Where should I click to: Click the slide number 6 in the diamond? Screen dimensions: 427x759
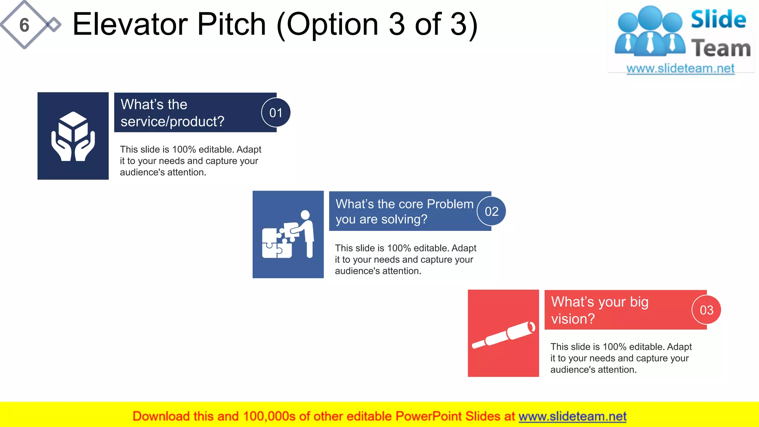pyautogui.click(x=24, y=25)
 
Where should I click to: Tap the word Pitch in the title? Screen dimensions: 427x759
pyautogui.click(x=231, y=24)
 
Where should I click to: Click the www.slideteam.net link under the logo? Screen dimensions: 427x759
pyautogui.click(x=680, y=69)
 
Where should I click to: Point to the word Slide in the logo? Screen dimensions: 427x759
pyautogui.click(x=718, y=19)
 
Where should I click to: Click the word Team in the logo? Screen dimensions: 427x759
pyautogui.click(x=721, y=49)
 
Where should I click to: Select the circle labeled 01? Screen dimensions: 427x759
pyautogui.click(x=276, y=113)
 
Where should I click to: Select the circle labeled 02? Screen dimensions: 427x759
pyautogui.click(x=491, y=211)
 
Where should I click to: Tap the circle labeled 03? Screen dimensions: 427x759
pyautogui.click(x=706, y=310)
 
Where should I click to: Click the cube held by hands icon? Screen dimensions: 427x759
pyautogui.click(x=73, y=136)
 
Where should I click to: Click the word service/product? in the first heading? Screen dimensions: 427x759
pyautogui.click(x=172, y=122)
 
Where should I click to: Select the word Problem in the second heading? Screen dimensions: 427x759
pyautogui.click(x=450, y=204)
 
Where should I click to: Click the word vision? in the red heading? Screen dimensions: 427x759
pyautogui.click(x=573, y=319)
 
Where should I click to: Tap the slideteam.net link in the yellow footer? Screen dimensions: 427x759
pyautogui.click(x=572, y=416)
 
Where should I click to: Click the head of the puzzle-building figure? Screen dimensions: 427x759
pyautogui.click(x=305, y=215)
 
